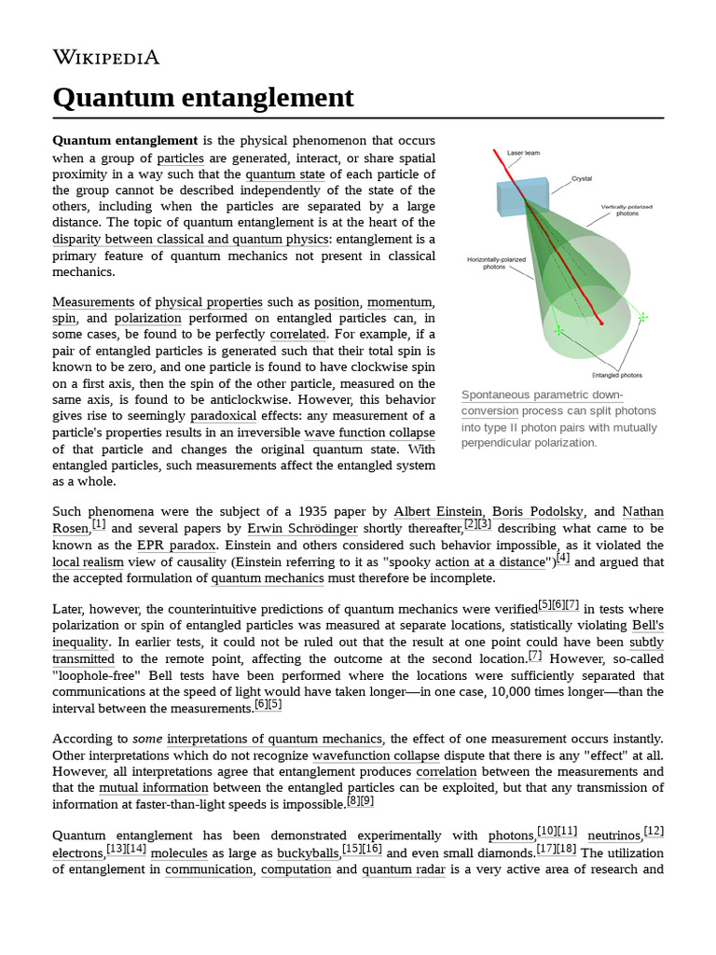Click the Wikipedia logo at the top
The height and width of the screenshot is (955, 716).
point(105,58)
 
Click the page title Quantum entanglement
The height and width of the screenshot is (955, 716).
point(203,97)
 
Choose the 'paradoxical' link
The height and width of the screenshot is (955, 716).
point(227,416)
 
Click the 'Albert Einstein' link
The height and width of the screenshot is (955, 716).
point(438,511)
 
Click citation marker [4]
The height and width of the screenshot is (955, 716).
point(562,558)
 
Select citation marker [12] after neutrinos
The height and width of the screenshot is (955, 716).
point(654,830)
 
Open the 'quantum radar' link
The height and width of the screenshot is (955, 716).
point(398,869)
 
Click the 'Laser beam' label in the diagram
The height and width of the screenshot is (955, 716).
point(523,152)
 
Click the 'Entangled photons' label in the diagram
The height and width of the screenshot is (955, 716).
point(619,375)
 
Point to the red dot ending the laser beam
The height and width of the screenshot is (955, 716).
point(601,324)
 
